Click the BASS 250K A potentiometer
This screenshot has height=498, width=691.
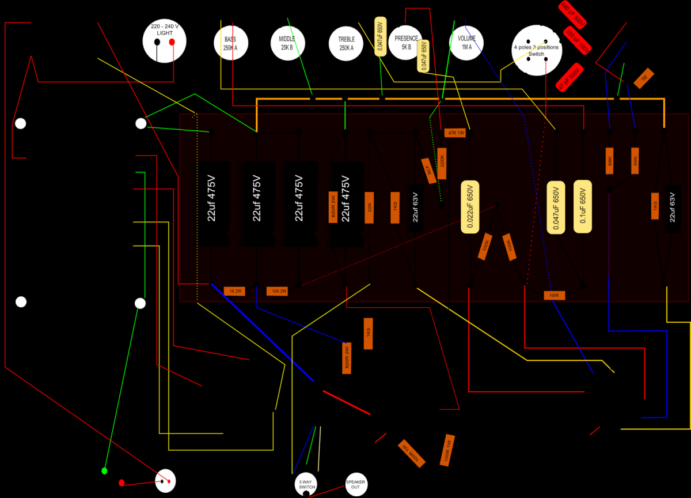226,43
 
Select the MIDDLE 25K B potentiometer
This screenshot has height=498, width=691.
287,43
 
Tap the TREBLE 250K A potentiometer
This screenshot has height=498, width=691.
346,43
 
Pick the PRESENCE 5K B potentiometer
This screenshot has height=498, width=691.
406,43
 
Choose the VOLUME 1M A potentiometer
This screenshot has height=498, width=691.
466,43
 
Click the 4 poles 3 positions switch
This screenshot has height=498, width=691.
536,50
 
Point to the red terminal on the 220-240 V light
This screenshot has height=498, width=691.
171,43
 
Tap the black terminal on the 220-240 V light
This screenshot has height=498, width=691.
158,43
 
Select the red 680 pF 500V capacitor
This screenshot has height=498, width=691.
572,14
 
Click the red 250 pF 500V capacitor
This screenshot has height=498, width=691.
578,41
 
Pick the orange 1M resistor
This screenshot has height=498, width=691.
644,78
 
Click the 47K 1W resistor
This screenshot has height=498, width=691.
456,133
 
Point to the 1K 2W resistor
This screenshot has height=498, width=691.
234,291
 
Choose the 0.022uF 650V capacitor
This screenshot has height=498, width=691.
470,207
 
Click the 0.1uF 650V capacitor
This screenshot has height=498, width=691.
583,207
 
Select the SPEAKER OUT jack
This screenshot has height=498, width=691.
355,484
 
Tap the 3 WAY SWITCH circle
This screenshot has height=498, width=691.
306,485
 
